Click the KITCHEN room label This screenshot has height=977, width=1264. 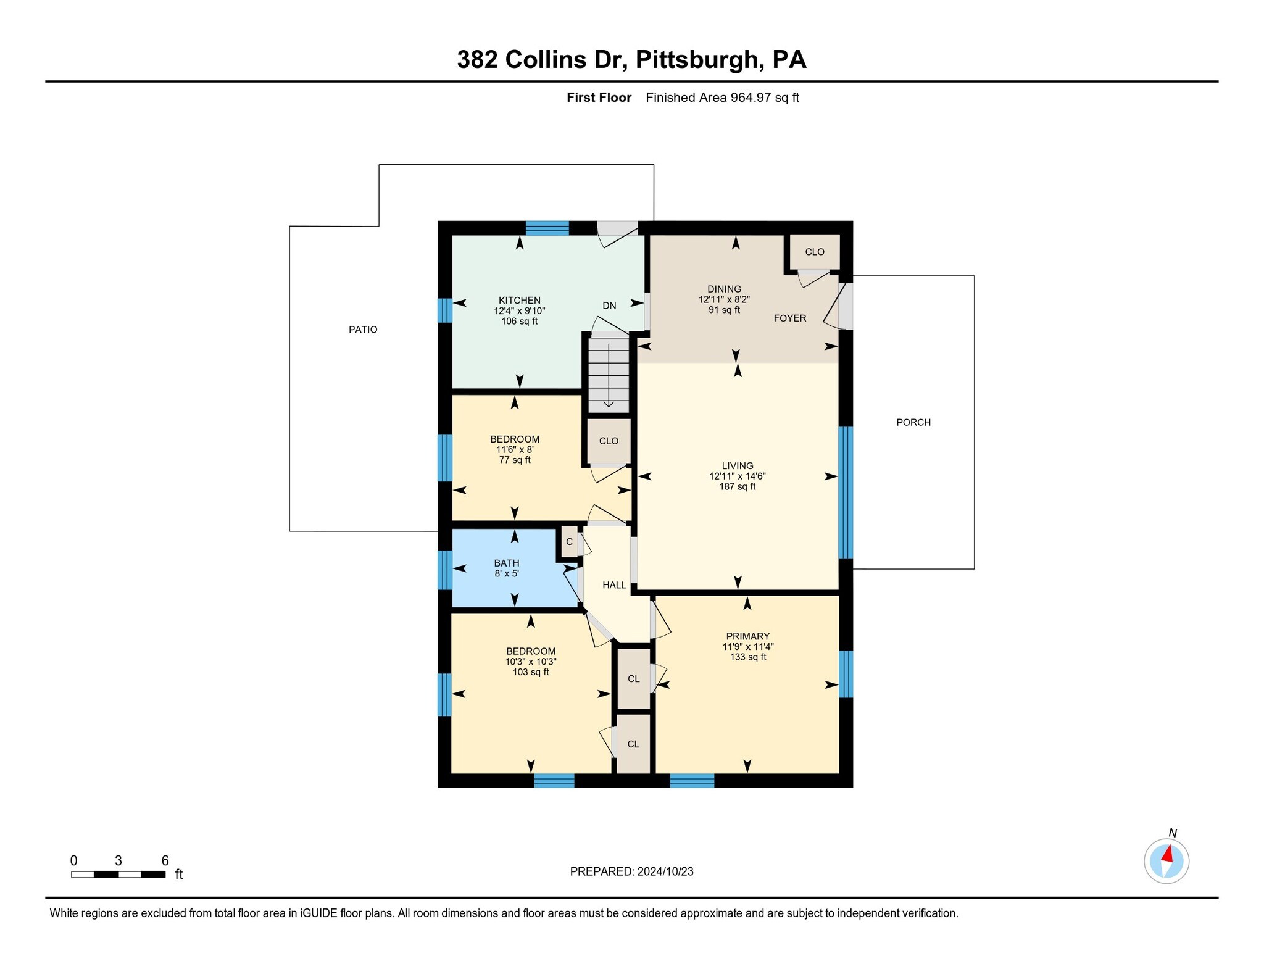tap(519, 301)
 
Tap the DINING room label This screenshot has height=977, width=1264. tap(724, 289)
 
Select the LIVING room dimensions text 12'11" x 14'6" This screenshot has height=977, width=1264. tap(737, 476)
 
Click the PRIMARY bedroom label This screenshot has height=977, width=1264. tap(747, 636)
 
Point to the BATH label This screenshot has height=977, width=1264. tap(506, 563)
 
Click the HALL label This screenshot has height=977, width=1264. tap(614, 585)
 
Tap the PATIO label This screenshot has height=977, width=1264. tap(363, 330)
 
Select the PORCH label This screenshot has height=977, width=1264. tap(913, 422)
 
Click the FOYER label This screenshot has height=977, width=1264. tap(790, 318)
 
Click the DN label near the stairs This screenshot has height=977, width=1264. tap(609, 306)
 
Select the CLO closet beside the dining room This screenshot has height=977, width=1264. tap(815, 252)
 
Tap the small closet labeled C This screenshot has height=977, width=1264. tap(569, 542)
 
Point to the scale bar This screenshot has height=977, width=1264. tap(118, 874)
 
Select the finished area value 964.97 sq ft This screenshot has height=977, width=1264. tap(765, 98)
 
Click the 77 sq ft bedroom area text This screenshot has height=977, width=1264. tap(514, 460)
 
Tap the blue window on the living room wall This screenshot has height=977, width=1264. tap(846, 492)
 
